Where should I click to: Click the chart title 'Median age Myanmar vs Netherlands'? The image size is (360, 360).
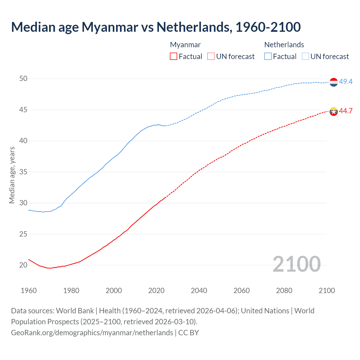tap(156, 27)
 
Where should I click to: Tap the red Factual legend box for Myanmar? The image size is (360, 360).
tap(174, 56)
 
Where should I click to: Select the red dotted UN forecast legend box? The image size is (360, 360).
tap(211, 56)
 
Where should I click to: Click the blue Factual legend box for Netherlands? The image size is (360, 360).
tap(268, 56)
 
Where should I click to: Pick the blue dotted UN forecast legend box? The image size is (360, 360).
tap(305, 56)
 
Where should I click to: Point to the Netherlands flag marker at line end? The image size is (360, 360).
tap(334, 82)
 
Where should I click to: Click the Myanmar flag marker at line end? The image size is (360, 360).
tap(334, 111)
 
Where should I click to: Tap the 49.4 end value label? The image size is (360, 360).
tap(346, 82)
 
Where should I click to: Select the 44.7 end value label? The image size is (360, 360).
tap(346, 111)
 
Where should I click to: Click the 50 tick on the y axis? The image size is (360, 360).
tap(23, 79)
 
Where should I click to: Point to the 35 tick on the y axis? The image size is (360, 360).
tap(23, 172)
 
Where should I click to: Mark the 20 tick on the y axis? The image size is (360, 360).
tap(23, 265)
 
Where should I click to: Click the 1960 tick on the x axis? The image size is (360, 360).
tap(29, 291)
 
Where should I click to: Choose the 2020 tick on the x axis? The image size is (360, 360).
tap(156, 291)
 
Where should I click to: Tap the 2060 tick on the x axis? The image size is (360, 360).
tap(242, 291)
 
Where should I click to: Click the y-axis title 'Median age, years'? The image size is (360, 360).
tap(12, 175)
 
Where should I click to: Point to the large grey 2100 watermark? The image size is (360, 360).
tap(296, 264)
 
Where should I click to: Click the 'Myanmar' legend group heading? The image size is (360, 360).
tap(185, 45)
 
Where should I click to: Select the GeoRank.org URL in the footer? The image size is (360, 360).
tap(92, 333)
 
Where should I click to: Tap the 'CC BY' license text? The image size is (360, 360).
tap(189, 333)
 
